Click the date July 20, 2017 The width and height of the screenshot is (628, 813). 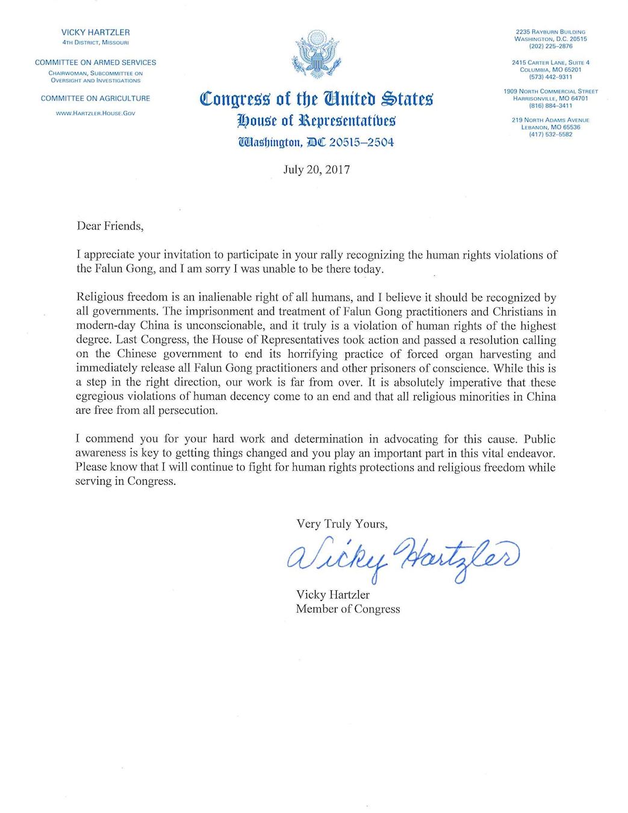click(x=316, y=169)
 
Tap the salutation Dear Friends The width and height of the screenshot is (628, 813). click(x=110, y=226)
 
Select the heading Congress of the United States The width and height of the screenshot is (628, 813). click(x=316, y=98)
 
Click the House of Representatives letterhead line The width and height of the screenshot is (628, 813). click(x=316, y=120)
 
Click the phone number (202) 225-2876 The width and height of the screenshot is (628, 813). click(x=551, y=46)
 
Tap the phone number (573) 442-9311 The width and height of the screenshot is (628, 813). click(x=551, y=77)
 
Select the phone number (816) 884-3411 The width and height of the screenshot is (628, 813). click(x=551, y=105)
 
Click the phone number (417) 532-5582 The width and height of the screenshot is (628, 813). click(x=551, y=134)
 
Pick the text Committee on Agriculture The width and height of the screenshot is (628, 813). click(x=95, y=98)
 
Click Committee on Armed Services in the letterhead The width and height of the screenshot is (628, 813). click(x=95, y=62)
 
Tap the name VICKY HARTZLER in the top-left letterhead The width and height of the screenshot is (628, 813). click(x=95, y=33)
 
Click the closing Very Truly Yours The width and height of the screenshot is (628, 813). click(x=341, y=524)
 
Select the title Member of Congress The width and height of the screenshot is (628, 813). click(x=347, y=609)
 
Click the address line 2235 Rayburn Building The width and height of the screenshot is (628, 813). click(x=551, y=32)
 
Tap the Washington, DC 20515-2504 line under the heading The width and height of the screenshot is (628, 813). click(x=316, y=143)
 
